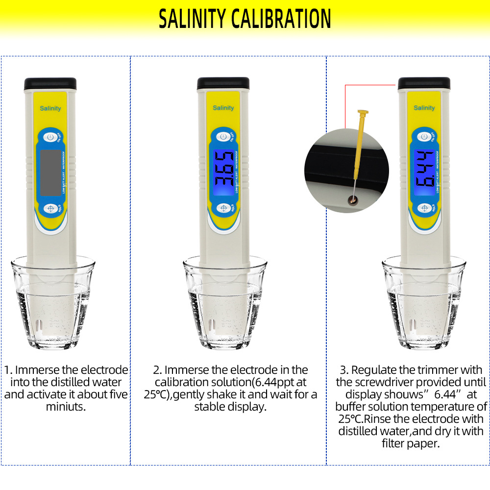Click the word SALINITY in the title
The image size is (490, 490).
tap(192, 19)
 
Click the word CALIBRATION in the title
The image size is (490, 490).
tap(281, 19)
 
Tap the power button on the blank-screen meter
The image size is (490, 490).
tap(50, 137)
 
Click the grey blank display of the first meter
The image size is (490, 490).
tap(50, 172)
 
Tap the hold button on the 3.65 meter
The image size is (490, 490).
tap(223, 208)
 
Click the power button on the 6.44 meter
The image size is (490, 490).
tap(424, 137)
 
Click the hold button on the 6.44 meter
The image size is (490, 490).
tap(424, 208)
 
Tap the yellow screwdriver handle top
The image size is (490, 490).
tap(363, 112)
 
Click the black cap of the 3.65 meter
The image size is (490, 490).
tap(223, 83)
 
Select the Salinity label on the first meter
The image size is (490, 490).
tap(50, 108)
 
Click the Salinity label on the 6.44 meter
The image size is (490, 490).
tap(424, 108)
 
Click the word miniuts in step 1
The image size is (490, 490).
tap(66, 407)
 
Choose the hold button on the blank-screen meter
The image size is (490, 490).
tap(50, 208)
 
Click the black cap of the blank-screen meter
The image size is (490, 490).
tap(50, 84)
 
